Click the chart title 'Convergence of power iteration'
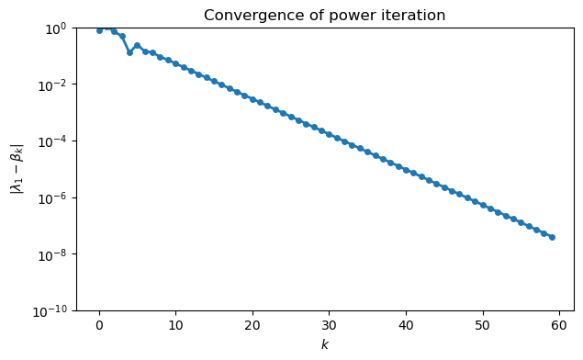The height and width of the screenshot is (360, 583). (x=324, y=15)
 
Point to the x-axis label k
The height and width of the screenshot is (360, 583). (x=324, y=344)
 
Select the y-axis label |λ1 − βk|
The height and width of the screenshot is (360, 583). (x=17, y=169)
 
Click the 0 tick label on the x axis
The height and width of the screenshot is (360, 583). (x=99, y=325)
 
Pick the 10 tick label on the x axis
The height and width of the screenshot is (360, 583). (x=175, y=325)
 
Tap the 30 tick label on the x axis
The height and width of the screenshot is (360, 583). (x=329, y=325)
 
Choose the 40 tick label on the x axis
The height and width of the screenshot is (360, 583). (x=405, y=325)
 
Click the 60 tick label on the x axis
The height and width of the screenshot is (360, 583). (x=558, y=325)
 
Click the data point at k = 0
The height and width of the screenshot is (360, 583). (x=99, y=30)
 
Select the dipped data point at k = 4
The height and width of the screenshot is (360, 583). (x=129, y=52)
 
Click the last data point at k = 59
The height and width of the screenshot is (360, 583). (x=551, y=237)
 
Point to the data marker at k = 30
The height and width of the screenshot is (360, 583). (x=329, y=134)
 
